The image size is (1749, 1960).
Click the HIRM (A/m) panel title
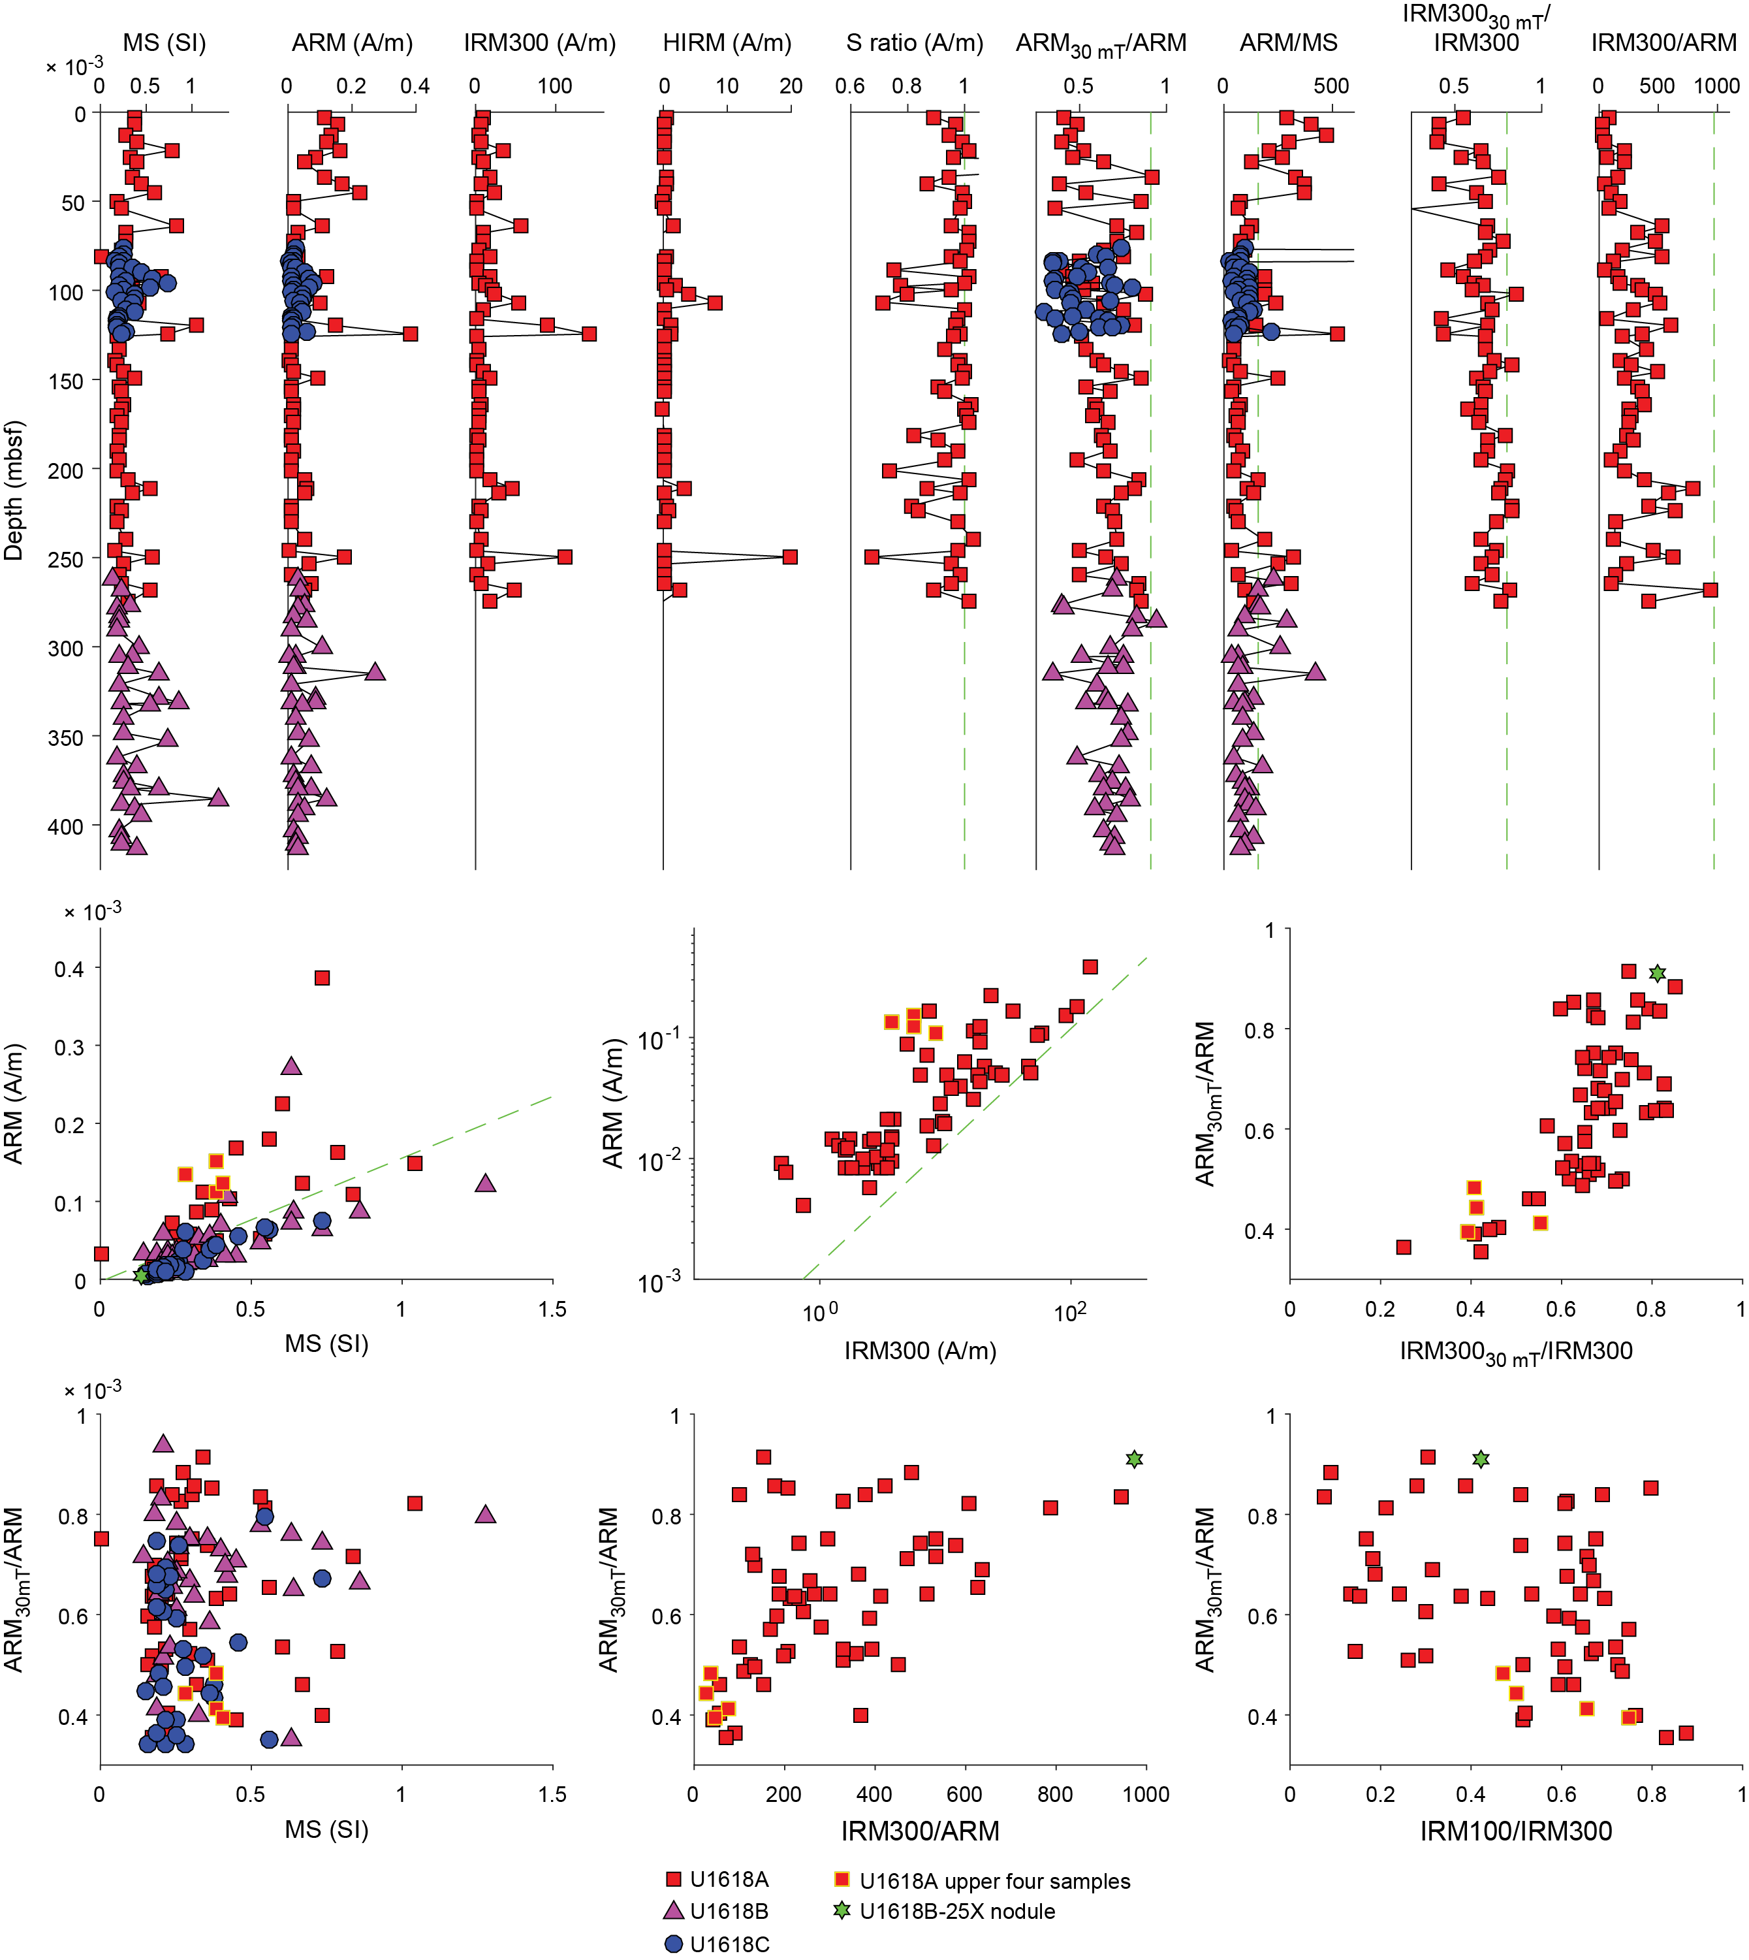(727, 43)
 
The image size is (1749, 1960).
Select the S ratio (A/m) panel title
(914, 43)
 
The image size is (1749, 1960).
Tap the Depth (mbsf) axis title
(14, 490)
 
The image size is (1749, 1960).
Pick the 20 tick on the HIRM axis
(791, 86)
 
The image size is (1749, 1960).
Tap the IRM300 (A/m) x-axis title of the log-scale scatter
(920, 1351)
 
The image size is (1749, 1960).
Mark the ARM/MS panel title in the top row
(1287, 43)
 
